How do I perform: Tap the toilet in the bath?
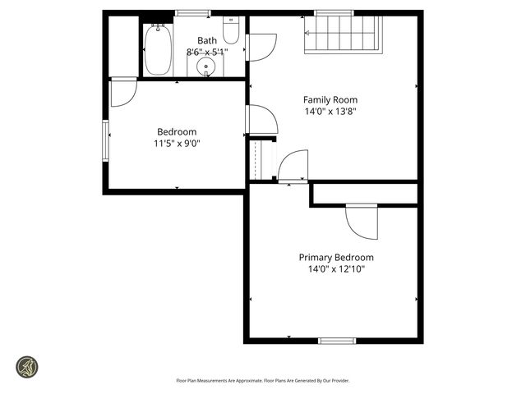pos(231,32)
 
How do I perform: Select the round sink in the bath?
pos(205,66)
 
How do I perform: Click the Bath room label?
pos(207,39)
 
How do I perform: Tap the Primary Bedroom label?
pos(335,257)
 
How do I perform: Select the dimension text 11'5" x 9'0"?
pos(177,144)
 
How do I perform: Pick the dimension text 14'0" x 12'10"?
pos(335,268)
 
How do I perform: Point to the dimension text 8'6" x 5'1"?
pos(206,52)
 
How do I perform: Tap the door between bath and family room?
pos(261,47)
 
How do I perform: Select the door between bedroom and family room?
pos(261,120)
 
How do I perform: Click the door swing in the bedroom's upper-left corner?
pos(123,92)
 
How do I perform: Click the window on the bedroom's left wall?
pos(106,141)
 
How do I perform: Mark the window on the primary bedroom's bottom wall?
pos(337,340)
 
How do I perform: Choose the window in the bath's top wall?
pos(193,13)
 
